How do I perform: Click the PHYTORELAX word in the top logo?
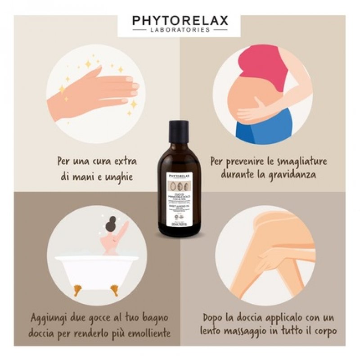tap(180, 21)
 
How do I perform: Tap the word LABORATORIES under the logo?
tap(180, 30)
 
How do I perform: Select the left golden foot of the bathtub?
tap(78, 288)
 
